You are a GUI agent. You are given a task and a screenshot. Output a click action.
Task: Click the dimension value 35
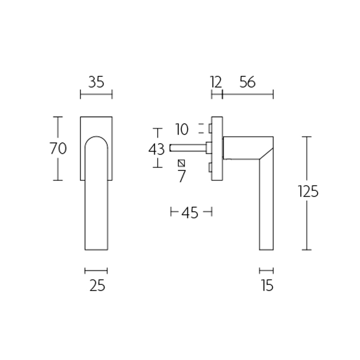coord(96,82)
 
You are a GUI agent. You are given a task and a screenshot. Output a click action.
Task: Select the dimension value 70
coord(58,148)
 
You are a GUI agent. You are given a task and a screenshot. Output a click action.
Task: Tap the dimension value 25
coord(97,285)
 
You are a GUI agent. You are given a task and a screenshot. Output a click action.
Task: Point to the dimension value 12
coord(216,82)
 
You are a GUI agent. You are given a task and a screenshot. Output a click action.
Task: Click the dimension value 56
coord(247,82)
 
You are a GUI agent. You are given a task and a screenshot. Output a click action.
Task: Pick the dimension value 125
coord(308,192)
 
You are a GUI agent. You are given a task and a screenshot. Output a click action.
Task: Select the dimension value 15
coord(267,285)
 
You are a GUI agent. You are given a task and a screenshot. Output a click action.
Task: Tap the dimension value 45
coord(190,212)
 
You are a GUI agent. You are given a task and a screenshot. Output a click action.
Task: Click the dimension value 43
coord(157,148)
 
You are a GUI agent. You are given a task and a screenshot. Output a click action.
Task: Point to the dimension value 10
coord(182,130)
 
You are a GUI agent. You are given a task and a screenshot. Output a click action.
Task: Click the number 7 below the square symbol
coord(181,176)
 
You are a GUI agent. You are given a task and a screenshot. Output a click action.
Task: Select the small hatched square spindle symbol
coord(181,163)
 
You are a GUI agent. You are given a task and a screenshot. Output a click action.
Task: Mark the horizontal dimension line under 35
coord(96,94)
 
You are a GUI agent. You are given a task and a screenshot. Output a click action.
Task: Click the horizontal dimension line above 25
coord(96,271)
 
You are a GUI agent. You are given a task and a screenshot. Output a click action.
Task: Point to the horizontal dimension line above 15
coord(266,271)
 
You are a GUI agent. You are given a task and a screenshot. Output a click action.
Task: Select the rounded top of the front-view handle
coord(96,138)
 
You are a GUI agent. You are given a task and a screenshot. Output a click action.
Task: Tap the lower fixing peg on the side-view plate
coord(210,169)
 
